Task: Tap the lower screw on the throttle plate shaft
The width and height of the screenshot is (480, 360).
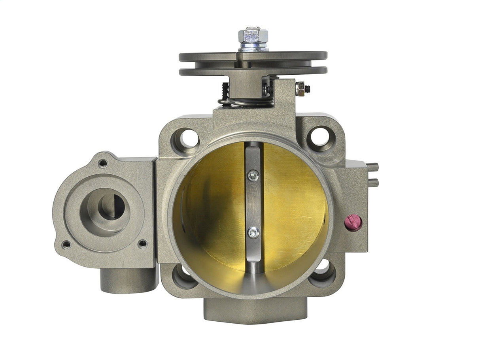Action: (253, 232)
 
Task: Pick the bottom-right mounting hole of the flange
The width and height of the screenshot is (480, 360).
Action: (322, 273)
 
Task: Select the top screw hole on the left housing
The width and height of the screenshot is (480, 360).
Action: (103, 163)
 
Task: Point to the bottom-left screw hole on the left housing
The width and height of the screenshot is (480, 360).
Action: (66, 245)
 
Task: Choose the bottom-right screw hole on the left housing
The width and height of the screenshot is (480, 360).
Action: (142, 243)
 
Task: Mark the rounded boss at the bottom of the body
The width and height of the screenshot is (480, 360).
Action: (255, 310)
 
